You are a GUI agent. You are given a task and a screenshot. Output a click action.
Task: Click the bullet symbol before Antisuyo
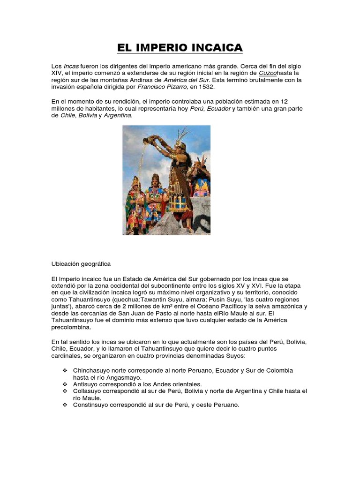65,383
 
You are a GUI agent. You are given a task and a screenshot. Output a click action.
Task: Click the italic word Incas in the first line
71,67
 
